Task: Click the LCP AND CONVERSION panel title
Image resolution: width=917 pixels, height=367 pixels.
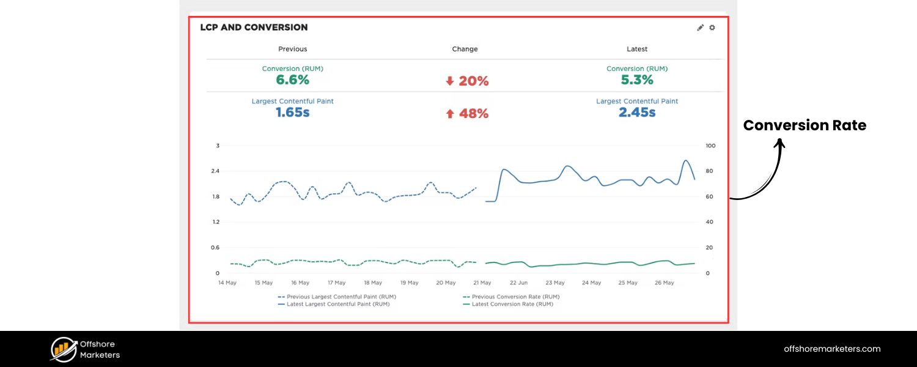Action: point(254,28)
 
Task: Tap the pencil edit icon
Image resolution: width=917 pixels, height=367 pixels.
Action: point(701,28)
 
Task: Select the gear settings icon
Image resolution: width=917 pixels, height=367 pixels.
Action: point(712,28)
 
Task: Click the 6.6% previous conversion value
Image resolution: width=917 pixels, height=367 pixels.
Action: point(292,80)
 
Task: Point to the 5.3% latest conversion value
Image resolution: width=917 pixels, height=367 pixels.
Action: point(636,80)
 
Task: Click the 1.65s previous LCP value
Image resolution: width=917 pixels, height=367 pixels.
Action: point(292,113)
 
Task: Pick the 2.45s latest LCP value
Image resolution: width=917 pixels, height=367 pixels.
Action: point(636,113)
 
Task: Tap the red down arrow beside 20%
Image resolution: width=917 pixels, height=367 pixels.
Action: point(450,81)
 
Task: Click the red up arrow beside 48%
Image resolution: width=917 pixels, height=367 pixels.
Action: point(450,114)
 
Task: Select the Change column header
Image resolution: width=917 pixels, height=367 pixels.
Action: point(465,49)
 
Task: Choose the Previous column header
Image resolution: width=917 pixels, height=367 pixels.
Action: point(292,49)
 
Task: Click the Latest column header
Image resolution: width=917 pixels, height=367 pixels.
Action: point(636,49)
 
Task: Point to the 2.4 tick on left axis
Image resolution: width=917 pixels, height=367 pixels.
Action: point(215,171)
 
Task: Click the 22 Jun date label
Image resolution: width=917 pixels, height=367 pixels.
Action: point(518,283)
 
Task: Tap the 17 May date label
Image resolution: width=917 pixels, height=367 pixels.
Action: point(336,283)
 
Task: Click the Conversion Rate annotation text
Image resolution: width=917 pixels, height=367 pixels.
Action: point(805,125)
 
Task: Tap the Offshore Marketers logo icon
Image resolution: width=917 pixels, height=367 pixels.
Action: point(63,349)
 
